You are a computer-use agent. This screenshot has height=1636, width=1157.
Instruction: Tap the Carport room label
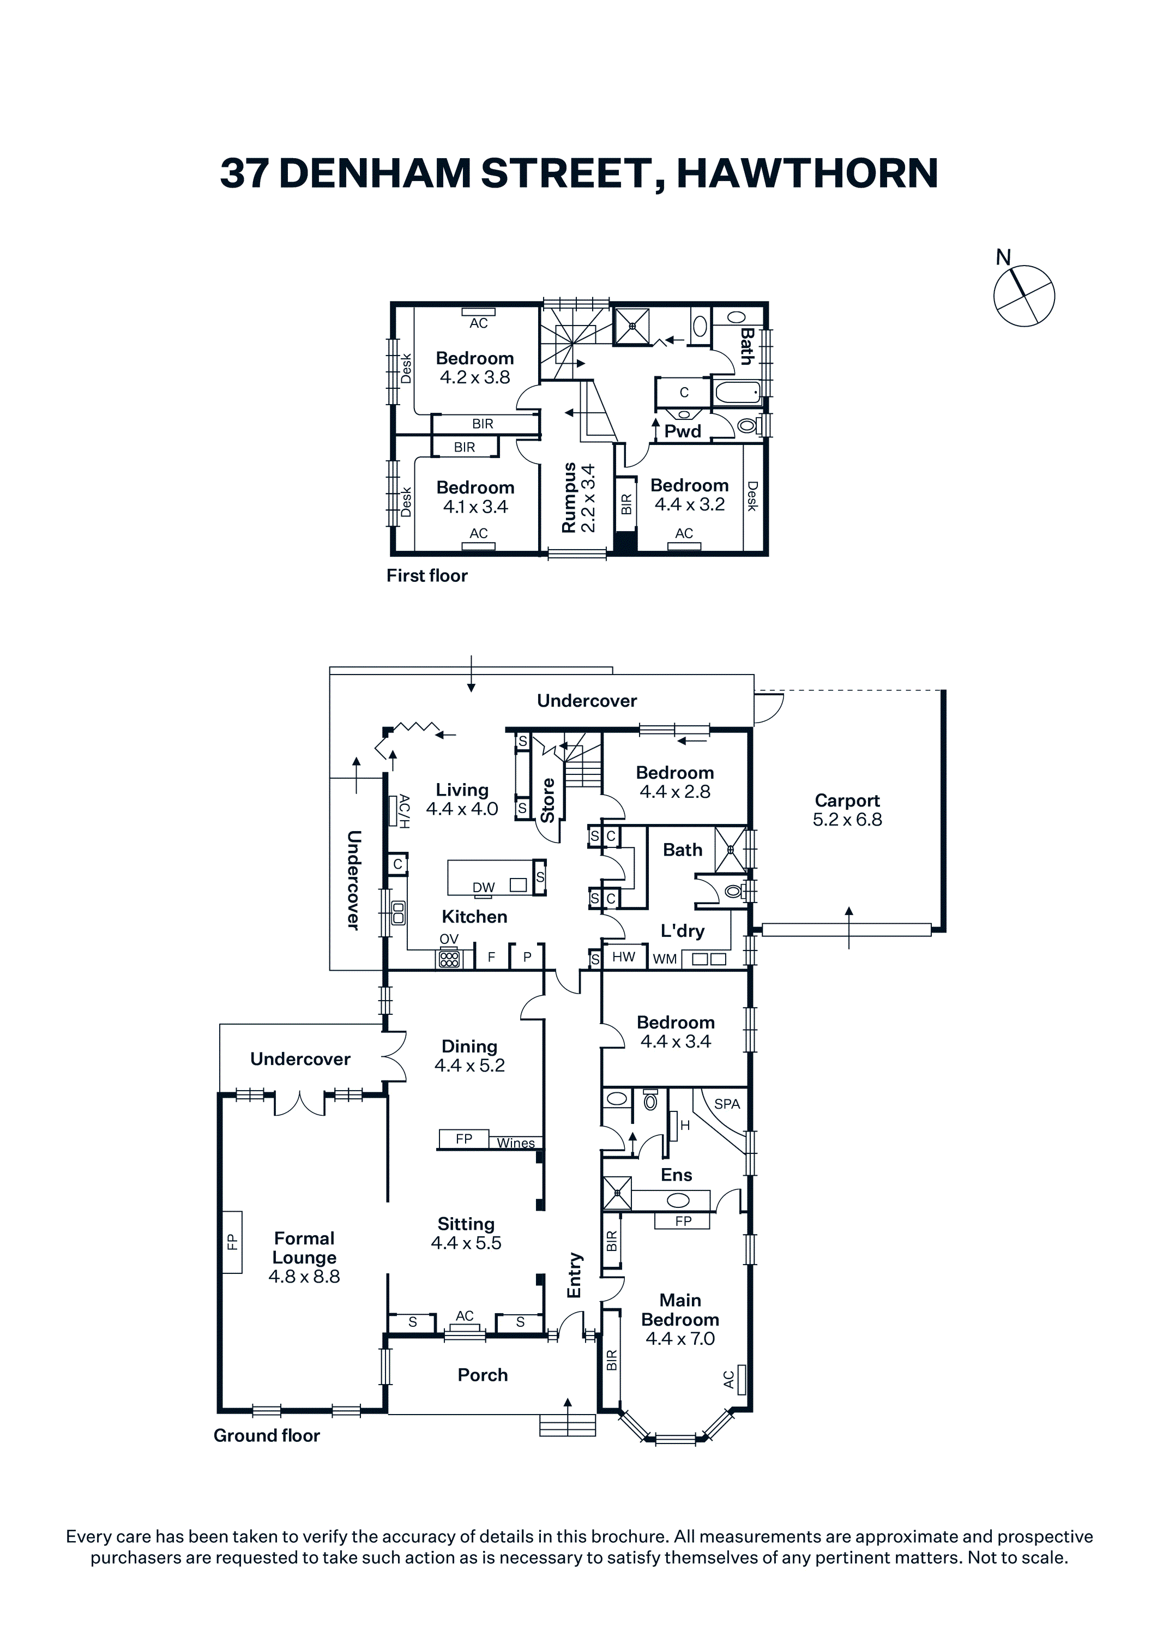click(847, 801)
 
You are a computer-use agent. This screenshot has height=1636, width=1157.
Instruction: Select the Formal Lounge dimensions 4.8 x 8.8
click(304, 1276)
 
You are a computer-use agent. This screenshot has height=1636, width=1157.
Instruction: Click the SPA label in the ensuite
click(727, 1104)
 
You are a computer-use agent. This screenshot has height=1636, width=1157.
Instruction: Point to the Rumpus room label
click(569, 497)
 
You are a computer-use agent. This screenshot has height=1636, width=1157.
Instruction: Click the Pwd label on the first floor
click(683, 431)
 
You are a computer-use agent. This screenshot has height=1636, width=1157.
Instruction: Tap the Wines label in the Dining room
click(516, 1143)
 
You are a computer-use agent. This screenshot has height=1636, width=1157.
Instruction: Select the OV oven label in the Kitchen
click(449, 939)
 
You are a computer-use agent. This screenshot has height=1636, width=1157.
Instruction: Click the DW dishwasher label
click(484, 888)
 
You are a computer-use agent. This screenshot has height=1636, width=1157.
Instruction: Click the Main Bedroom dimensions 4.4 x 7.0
click(680, 1338)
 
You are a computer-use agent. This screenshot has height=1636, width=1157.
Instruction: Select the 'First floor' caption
click(427, 576)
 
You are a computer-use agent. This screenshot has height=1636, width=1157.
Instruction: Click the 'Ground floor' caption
click(267, 1435)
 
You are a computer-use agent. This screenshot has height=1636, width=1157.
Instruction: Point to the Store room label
click(548, 800)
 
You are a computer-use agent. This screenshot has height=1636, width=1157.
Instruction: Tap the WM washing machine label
click(665, 959)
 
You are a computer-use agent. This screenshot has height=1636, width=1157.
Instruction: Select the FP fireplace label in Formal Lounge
click(232, 1242)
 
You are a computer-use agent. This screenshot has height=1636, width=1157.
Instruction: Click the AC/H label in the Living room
click(404, 811)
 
